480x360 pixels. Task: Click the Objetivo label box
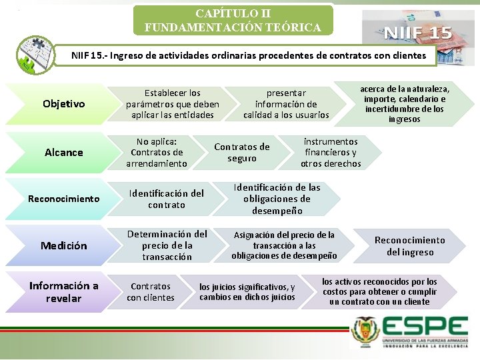pyautogui.click(x=63, y=104)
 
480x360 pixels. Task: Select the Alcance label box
pyautogui.click(x=63, y=153)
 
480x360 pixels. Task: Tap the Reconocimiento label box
pyautogui.click(x=63, y=199)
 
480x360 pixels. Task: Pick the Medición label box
pyautogui.click(x=63, y=246)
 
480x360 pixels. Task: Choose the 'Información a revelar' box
pyautogui.click(x=63, y=292)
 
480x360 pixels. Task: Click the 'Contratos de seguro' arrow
pyautogui.click(x=242, y=153)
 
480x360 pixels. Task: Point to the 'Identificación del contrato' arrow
pyautogui.click(x=167, y=199)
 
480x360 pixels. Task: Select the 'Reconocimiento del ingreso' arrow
pyautogui.click(x=409, y=246)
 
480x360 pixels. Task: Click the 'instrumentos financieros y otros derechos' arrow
pyautogui.click(x=331, y=153)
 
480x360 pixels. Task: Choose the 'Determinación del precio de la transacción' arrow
pyautogui.click(x=167, y=245)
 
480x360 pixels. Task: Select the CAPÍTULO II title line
pyautogui.click(x=233, y=13)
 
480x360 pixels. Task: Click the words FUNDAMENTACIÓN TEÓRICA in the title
pyautogui.click(x=233, y=28)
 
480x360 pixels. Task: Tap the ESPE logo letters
pyautogui.click(x=425, y=327)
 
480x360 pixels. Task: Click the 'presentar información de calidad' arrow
pyautogui.click(x=286, y=104)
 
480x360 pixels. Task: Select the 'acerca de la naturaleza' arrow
pyautogui.click(x=404, y=104)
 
